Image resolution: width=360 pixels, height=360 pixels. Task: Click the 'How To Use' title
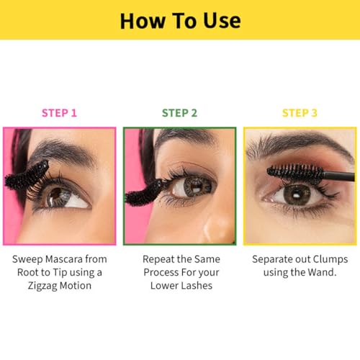[x=180, y=21]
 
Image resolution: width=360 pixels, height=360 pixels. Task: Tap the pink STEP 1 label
[x=59, y=113]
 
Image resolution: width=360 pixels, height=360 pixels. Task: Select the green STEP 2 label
[x=179, y=113]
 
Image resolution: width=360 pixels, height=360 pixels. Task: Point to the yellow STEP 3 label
[x=300, y=113]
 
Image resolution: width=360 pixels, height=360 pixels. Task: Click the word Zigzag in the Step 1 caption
[x=42, y=286]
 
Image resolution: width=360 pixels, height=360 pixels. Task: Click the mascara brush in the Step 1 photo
[x=27, y=176]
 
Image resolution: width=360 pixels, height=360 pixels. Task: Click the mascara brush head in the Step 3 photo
[x=295, y=172]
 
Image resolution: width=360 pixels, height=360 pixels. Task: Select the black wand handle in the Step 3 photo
[x=339, y=176]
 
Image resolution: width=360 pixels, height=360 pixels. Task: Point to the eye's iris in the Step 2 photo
[x=197, y=186]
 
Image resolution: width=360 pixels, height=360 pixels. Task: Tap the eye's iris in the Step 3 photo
[x=297, y=194]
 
